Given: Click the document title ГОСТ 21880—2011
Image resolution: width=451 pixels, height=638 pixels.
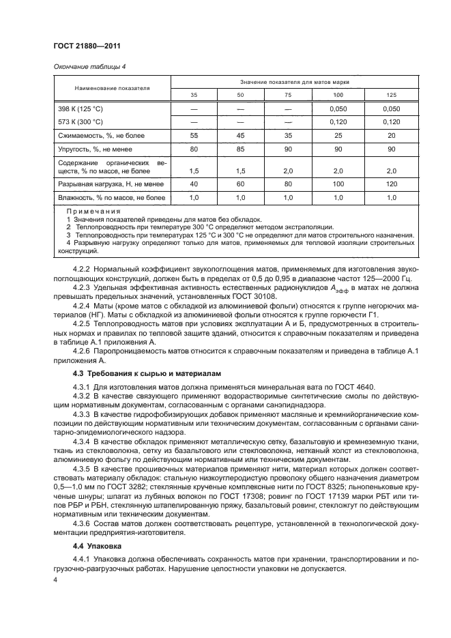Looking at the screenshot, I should tap(81, 46).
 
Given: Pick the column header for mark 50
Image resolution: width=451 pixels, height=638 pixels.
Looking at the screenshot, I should tap(239, 95).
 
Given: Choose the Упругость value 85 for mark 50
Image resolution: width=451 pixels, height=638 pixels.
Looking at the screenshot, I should tap(239, 149).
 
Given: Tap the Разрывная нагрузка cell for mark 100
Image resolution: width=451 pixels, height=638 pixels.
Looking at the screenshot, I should tap(338, 184).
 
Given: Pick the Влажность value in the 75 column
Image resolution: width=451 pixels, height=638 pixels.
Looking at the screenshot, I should tap(287, 198).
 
